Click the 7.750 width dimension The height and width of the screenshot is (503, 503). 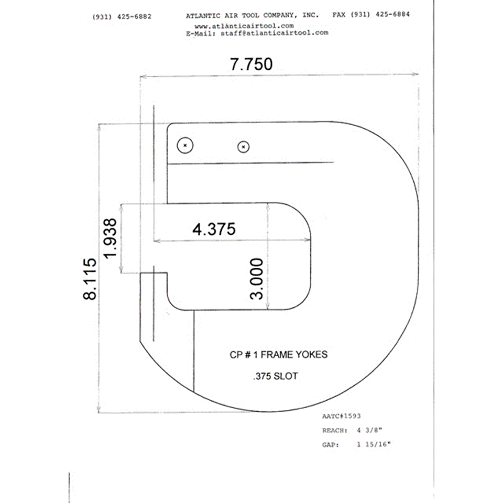tap(251, 64)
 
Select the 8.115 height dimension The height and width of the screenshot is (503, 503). tap(90, 279)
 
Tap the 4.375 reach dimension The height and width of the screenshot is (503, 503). tap(214, 229)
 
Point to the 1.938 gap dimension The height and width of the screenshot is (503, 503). tap(110, 238)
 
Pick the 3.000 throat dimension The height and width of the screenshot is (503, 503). tap(257, 279)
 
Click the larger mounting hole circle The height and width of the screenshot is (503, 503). tap(185, 145)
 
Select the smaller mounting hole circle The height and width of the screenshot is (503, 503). tap(244, 147)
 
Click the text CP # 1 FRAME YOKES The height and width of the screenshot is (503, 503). tap(278, 355)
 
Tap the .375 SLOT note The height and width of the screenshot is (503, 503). tap(276, 376)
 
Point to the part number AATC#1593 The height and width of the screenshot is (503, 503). tap(341, 416)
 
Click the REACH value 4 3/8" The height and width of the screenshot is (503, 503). tap(369, 430)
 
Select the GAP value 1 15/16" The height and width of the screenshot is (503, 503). tap(374, 445)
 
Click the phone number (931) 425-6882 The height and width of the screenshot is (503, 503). tap(122, 17)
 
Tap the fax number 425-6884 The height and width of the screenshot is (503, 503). tap(392, 15)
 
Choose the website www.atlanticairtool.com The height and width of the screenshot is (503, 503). tap(244, 26)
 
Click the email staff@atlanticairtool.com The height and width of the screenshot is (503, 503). tap(274, 32)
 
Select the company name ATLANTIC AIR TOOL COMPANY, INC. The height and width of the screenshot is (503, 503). tap(253, 15)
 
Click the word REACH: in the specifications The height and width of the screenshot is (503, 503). tap(335, 431)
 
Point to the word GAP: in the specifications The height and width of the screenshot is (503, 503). tap(331, 445)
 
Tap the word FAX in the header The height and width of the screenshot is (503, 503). tap(339, 15)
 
